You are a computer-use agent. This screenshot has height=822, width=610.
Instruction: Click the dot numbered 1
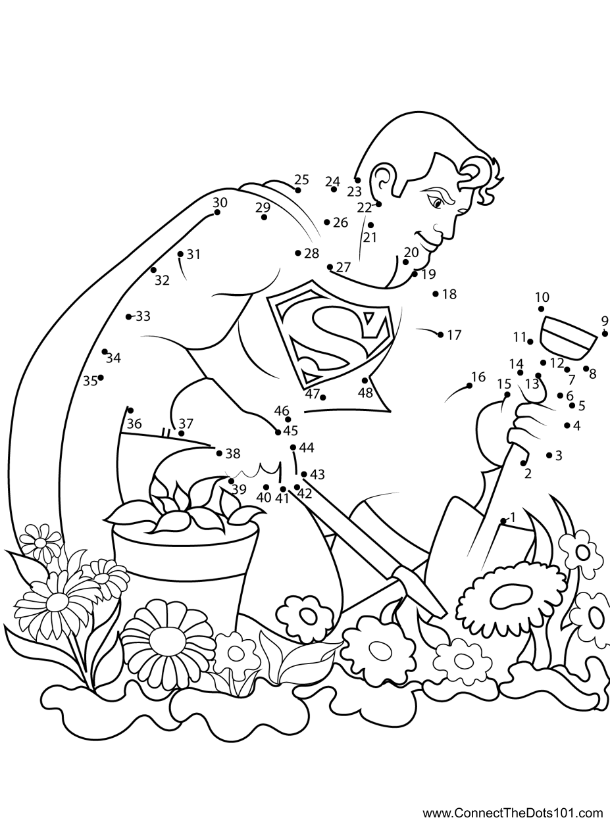[x=503, y=521]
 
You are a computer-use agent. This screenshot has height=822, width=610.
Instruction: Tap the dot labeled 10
[x=541, y=308]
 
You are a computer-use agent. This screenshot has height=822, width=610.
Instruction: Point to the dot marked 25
[x=298, y=190]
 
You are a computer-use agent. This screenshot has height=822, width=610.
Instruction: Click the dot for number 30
[x=217, y=212]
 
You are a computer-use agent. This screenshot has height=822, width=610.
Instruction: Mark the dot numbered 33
[x=128, y=316]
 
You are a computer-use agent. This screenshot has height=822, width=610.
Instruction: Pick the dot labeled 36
[x=130, y=410]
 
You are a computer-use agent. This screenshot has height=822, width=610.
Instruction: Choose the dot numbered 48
[x=365, y=380]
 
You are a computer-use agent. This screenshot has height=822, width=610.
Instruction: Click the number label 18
[x=449, y=294]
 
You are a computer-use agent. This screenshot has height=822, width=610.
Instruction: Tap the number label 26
[x=341, y=223]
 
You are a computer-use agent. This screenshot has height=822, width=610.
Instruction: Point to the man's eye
[x=437, y=203]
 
